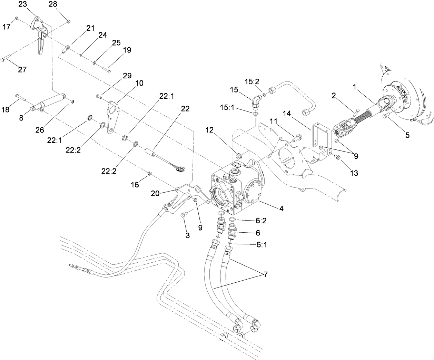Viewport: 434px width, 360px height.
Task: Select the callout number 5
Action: (407, 135)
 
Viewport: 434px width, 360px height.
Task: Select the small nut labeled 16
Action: (150, 173)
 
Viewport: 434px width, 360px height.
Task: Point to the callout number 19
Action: (127, 50)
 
